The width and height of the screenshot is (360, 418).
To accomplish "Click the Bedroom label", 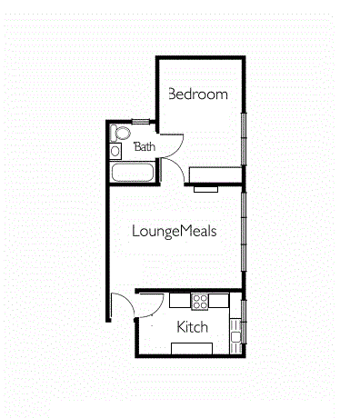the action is click(x=198, y=95).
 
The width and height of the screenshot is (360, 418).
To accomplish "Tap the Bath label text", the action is click(x=145, y=147).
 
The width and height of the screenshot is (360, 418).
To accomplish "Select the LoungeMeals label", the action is click(x=175, y=232).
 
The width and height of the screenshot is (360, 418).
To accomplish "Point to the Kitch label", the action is click(x=193, y=327).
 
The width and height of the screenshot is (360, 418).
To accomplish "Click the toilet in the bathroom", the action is click(x=120, y=133).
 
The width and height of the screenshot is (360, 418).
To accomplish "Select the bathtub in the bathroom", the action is click(x=132, y=173).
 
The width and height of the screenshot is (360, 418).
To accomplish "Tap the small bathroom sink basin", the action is click(x=115, y=151).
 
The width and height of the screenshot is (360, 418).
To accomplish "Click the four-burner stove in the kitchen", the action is click(x=200, y=302).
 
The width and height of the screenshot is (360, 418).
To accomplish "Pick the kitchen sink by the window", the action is click(x=235, y=336).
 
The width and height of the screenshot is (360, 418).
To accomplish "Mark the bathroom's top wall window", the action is click(x=141, y=122).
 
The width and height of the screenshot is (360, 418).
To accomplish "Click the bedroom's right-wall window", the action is click(x=244, y=139).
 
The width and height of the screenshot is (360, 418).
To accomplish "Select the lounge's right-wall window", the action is click(x=244, y=232).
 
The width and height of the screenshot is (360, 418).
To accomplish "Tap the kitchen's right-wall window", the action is click(x=244, y=322).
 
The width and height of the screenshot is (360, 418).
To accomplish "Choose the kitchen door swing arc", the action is click(x=158, y=310).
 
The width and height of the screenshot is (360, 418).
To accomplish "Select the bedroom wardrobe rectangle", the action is click(x=215, y=174).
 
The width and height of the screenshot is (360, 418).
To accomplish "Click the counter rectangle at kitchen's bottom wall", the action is click(x=192, y=348).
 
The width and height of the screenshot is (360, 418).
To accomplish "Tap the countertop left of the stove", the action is click(x=180, y=300).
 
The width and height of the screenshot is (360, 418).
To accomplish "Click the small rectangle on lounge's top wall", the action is click(x=206, y=189).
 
